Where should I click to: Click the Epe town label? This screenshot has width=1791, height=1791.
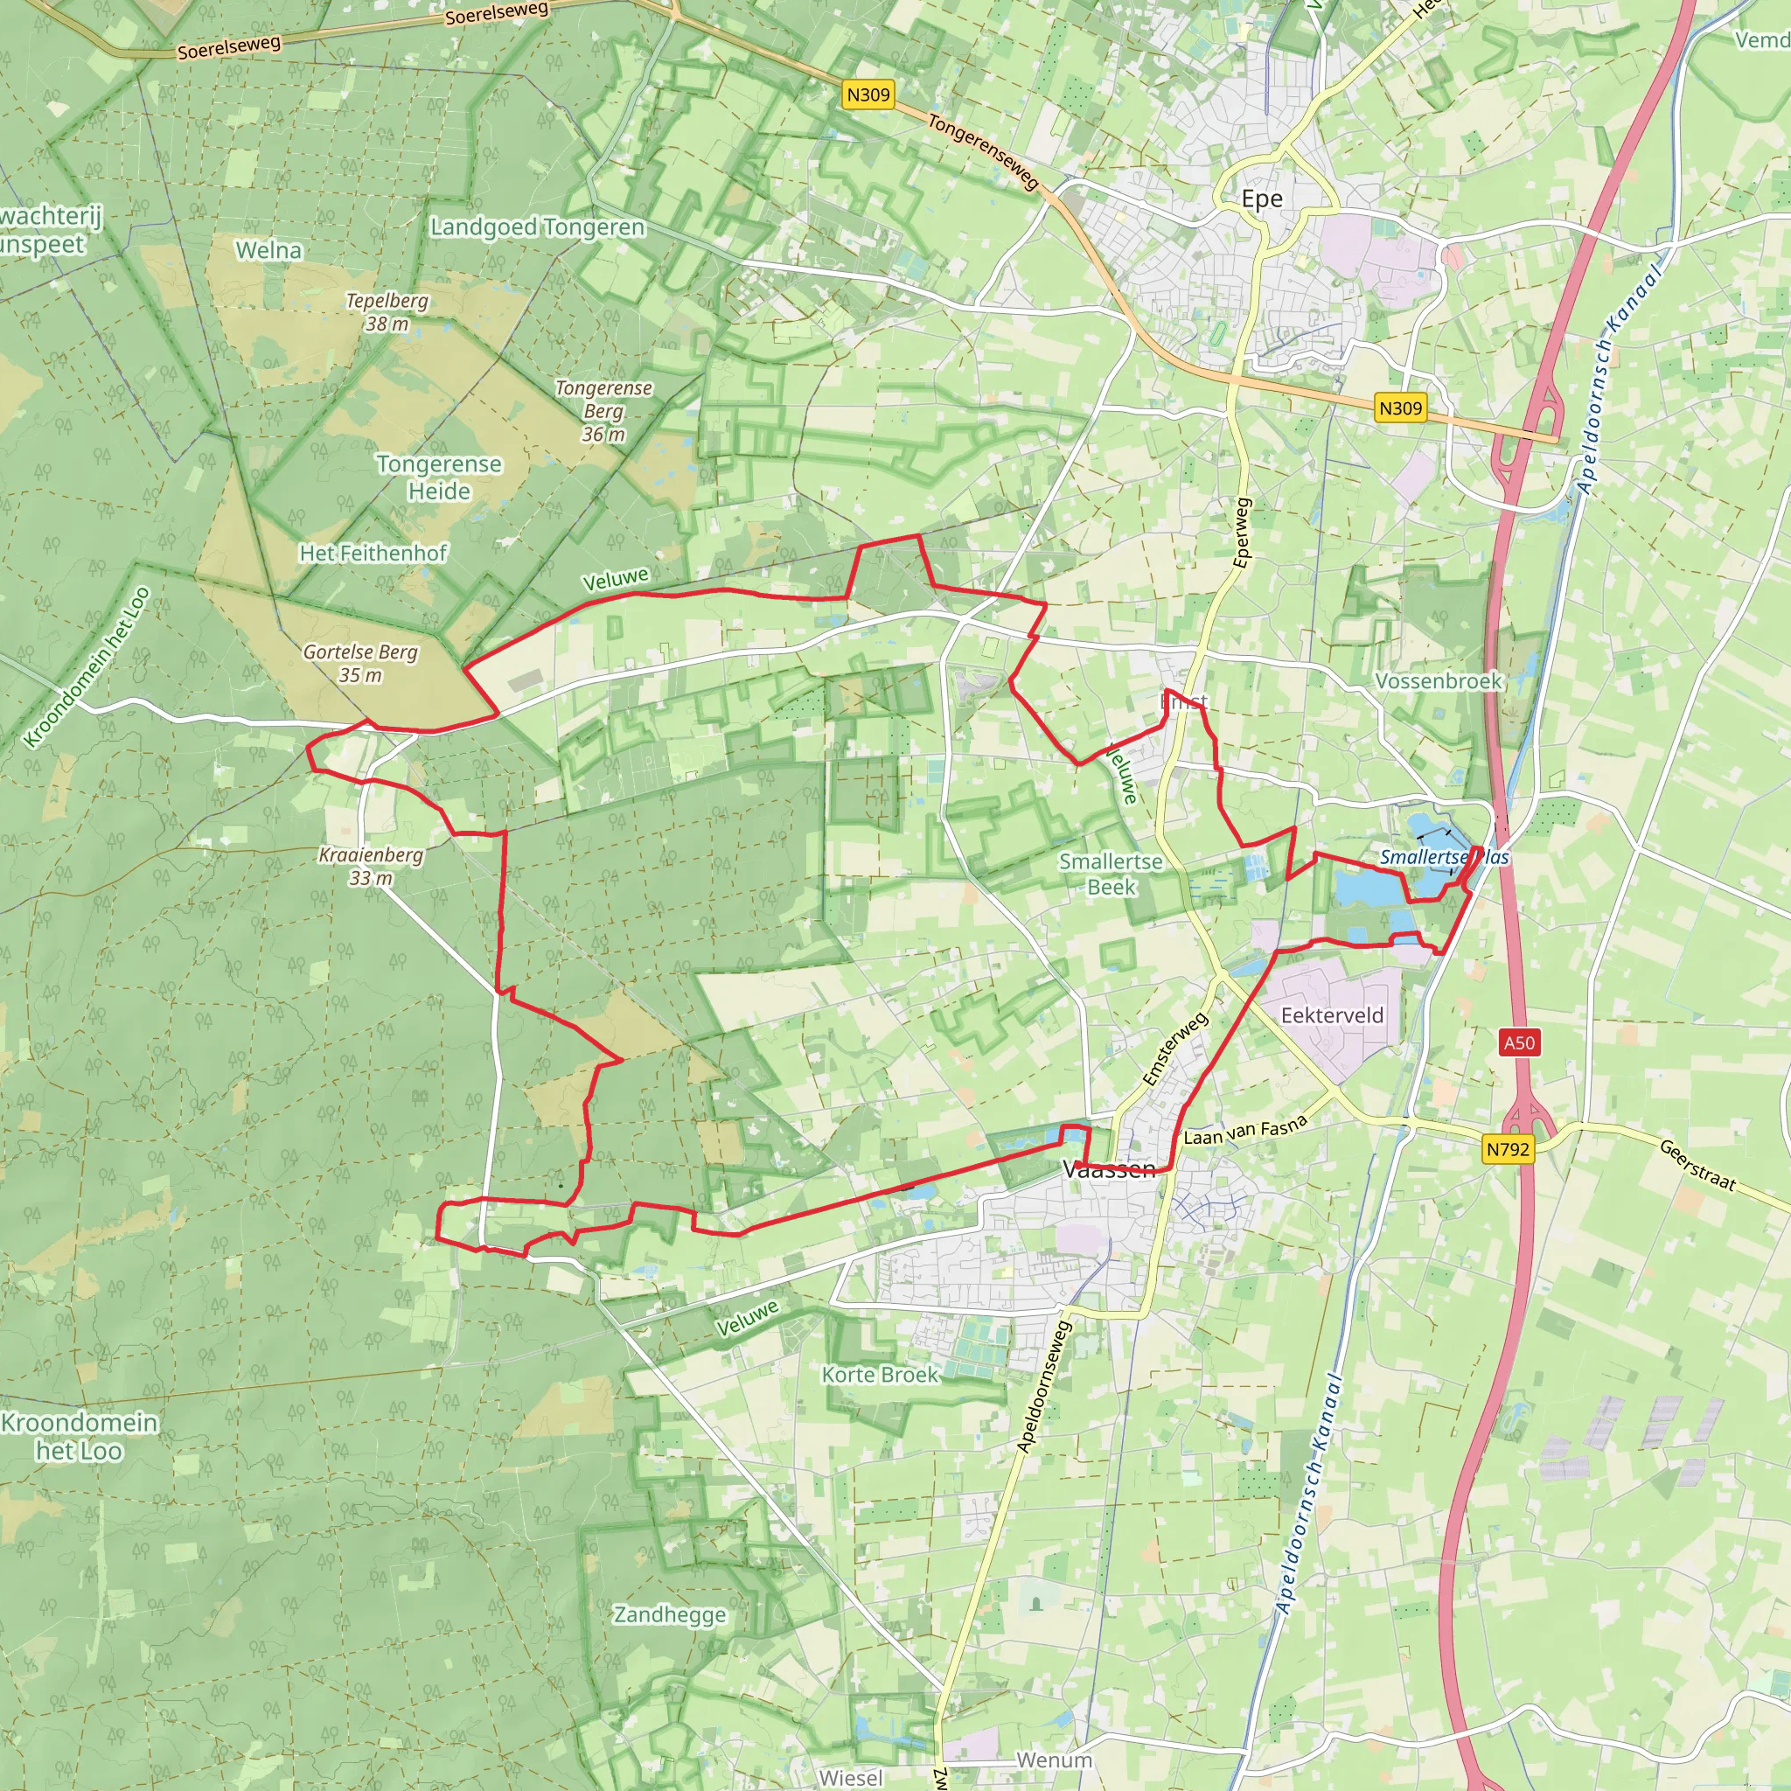pos(1262,199)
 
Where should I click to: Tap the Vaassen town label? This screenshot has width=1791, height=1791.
pos(1110,1169)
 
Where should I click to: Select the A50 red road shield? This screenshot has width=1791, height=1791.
pos(1518,1043)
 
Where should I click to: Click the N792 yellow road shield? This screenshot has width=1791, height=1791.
pos(1509,1149)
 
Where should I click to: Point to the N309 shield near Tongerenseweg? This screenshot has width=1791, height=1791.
pos(868,94)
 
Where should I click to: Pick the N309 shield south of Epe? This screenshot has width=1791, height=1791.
pos(1400,408)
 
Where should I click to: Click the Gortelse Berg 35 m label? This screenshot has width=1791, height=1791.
pos(360,664)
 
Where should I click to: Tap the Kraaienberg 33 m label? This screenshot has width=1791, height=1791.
pos(371,866)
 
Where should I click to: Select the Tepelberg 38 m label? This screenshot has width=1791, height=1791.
pos(387,312)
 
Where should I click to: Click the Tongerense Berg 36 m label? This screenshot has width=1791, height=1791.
pos(603,411)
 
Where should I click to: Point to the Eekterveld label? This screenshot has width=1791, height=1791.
pos(1332,1015)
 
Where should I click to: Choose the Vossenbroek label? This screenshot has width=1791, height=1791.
pos(1438,681)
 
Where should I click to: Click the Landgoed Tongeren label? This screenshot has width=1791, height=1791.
pos(538,227)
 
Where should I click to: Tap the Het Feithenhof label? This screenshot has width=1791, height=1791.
pos(373,554)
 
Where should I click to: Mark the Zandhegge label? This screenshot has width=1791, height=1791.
pos(670,1615)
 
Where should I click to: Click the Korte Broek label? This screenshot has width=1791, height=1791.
pos(880,1375)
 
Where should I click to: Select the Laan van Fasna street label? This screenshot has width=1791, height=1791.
pos(1245,1130)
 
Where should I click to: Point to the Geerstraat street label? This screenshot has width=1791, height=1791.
pos(1697,1164)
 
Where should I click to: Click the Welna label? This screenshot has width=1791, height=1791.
pos(268,250)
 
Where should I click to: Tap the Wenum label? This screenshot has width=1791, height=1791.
pos(1054,1760)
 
